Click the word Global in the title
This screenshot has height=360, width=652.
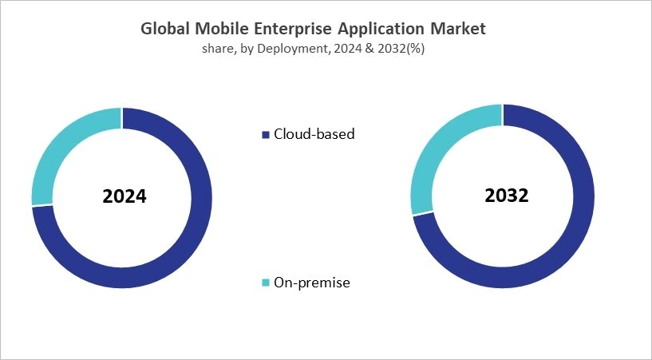(165, 30)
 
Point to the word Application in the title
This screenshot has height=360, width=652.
(379, 30)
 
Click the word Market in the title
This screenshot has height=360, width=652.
(457, 30)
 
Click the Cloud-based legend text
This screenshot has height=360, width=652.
(314, 134)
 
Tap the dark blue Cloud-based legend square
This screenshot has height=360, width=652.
(266, 135)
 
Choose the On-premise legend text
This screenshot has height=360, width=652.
(312, 283)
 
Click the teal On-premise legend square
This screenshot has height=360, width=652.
(266, 283)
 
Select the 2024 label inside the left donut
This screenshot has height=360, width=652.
(124, 196)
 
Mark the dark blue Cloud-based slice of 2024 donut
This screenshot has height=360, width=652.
(184, 247)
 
